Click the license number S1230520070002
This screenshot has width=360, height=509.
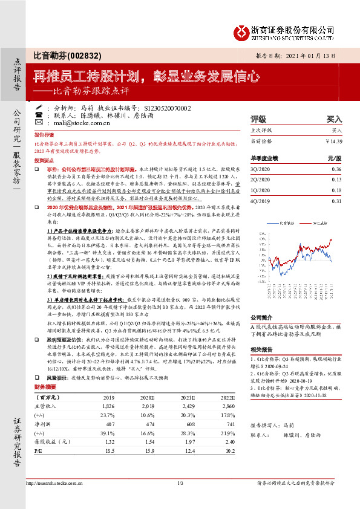[159, 107]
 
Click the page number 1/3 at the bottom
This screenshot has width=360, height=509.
[180, 499]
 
